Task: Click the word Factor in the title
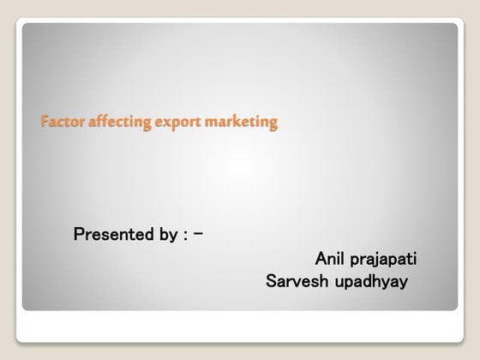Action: pyautogui.click(x=57, y=123)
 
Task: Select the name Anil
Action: pyautogui.click(x=329, y=258)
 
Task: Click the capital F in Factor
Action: pyautogui.click(x=44, y=123)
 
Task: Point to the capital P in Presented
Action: pyautogui.click(x=79, y=234)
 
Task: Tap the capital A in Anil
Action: pyautogui.click(x=320, y=258)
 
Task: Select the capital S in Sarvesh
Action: pyautogui.click(x=273, y=281)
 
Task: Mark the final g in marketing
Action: pyautogui.click(x=273, y=125)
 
